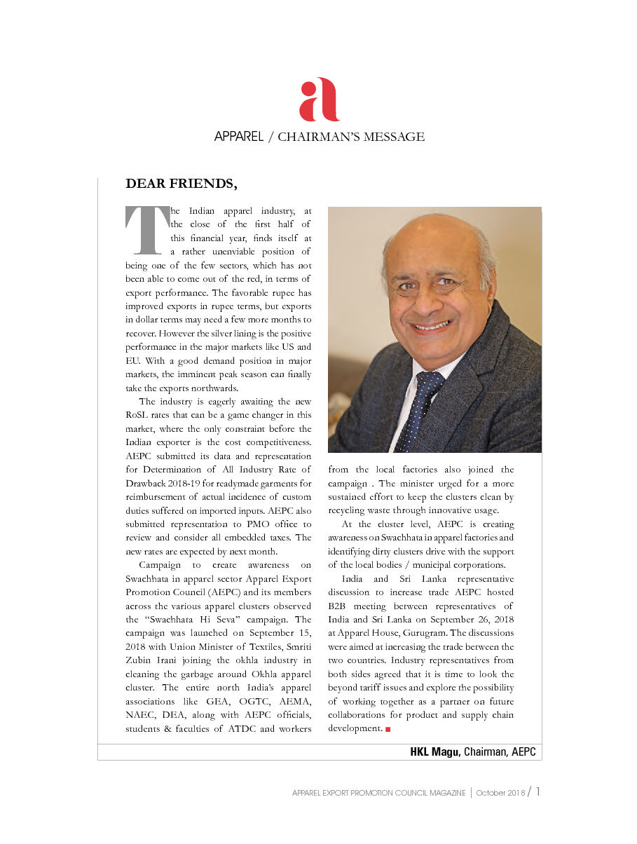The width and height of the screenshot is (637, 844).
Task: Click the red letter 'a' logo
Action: (319, 100)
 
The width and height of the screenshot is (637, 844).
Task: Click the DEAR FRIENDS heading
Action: (181, 184)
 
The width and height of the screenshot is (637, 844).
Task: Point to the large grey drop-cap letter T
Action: (146, 229)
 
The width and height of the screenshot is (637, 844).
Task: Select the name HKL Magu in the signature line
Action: (434, 752)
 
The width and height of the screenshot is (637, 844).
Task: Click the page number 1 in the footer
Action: (537, 792)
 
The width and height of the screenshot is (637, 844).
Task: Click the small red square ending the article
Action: (388, 729)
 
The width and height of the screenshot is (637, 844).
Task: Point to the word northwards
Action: (211, 388)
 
